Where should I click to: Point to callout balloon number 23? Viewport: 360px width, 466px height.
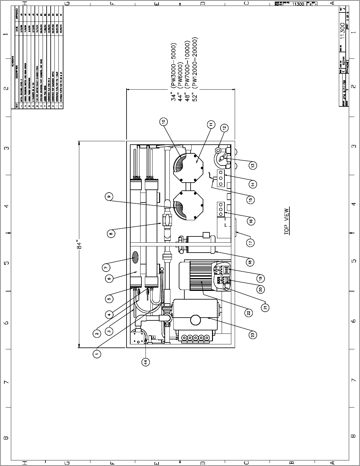pyautogui.click(x=253, y=335)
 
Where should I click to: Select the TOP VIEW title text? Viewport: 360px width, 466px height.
pyautogui.click(x=287, y=221)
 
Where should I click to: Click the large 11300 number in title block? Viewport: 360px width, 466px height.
pyautogui.click(x=343, y=32)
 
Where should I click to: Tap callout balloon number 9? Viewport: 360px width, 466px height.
pyautogui.click(x=109, y=196)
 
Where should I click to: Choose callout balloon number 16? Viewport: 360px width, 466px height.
pyautogui.click(x=252, y=221)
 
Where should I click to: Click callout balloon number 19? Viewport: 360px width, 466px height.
pyautogui.click(x=261, y=278)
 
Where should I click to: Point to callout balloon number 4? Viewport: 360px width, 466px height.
pyautogui.click(x=109, y=315)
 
